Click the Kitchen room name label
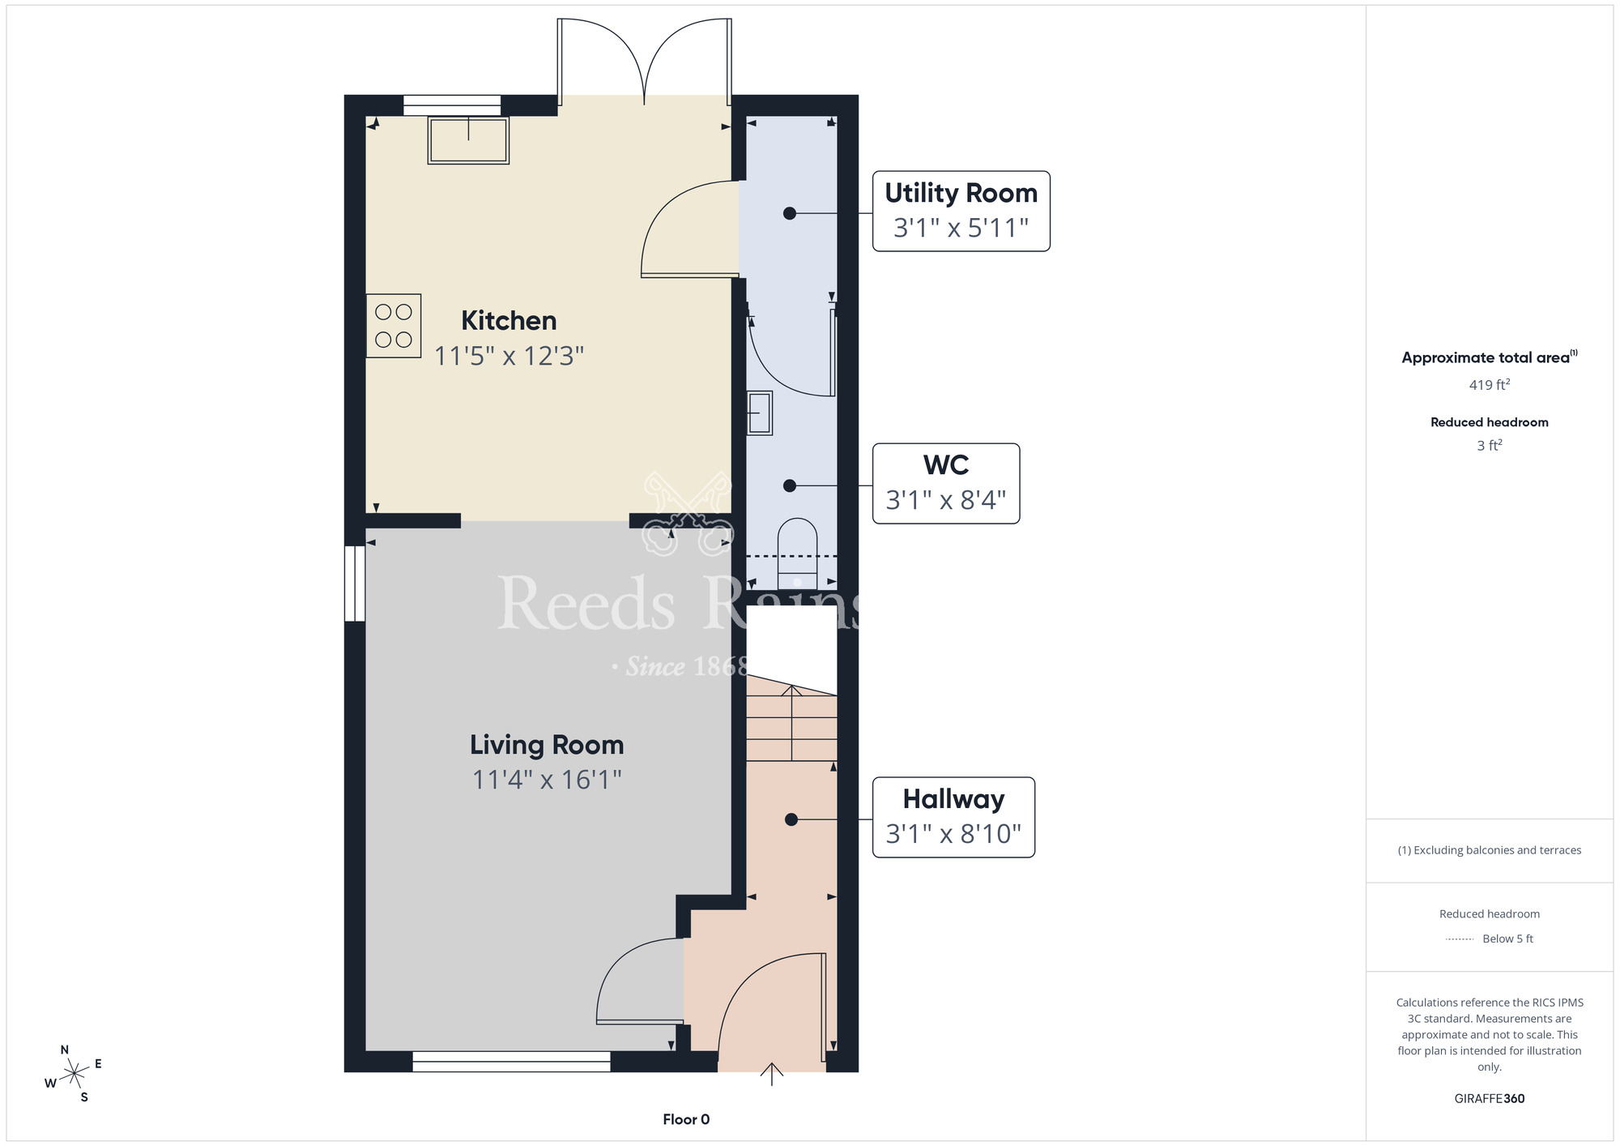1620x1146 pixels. point(509,320)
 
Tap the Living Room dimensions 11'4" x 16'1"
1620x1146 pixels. point(547,780)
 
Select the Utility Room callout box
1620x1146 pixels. point(961,211)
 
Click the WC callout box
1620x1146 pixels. point(945,483)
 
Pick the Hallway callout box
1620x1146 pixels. point(953,817)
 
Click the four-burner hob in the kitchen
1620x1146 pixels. point(394,326)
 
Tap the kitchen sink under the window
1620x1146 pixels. point(468,141)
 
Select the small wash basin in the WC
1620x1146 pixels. point(760,413)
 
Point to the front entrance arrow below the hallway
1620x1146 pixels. point(772,1075)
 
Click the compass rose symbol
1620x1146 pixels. point(74,1074)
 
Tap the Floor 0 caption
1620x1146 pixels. point(686,1119)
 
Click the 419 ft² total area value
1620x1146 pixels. point(1489,384)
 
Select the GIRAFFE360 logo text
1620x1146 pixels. point(1489,1099)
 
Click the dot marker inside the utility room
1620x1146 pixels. point(790,213)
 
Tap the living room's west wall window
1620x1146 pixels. point(355,584)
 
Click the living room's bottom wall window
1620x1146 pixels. point(511,1061)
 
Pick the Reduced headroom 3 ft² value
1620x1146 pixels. point(1489,446)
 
